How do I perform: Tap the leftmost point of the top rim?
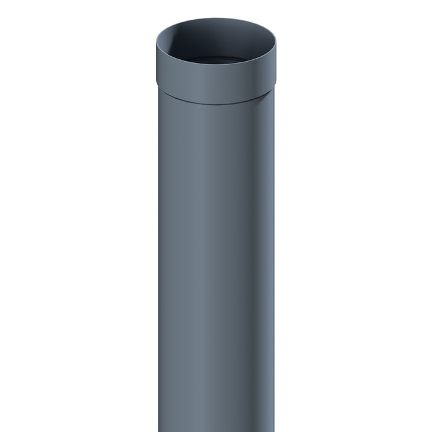tap(156, 43)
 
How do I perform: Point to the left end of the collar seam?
tap(158, 88)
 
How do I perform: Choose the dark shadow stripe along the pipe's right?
tap(256, 278)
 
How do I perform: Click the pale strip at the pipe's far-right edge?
tap(272, 278)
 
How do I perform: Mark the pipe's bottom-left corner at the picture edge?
tap(159, 430)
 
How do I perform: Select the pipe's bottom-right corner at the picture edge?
tap(273, 430)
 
